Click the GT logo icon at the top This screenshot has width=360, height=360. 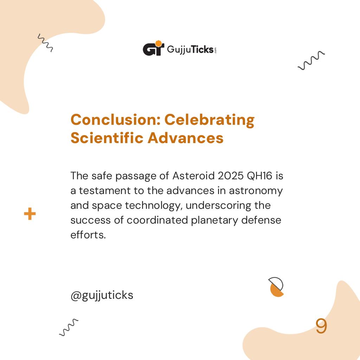coord(153,49)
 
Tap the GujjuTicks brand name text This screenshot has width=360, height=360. coord(190,50)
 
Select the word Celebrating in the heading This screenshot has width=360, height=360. coord(210,120)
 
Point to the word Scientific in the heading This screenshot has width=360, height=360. coord(107,138)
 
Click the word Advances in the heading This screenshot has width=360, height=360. coord(186,138)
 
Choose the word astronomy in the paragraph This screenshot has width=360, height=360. coord(256,191)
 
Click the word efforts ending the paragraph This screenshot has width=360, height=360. coord(88,235)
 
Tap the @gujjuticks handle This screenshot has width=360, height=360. coord(102,295)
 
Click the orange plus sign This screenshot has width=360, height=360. coord(30,214)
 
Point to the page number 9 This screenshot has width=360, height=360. coord(321,326)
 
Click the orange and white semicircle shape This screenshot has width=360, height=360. coord(276,287)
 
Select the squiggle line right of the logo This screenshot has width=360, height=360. coord(311,60)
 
